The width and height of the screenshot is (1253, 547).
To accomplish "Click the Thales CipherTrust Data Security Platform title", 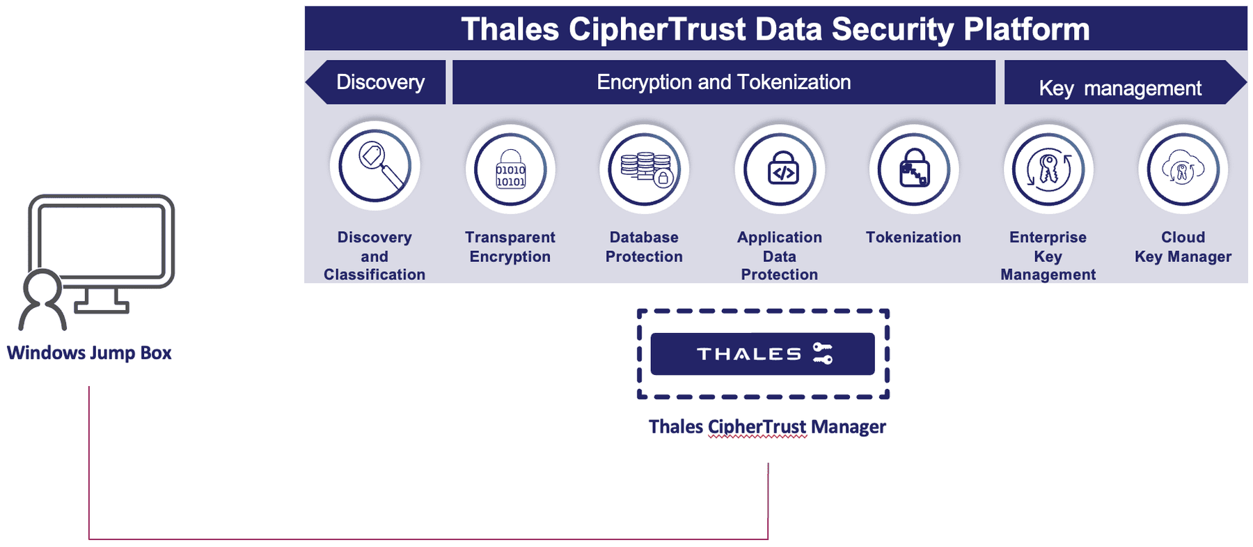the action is coord(775,29).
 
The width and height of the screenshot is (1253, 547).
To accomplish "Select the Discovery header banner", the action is coord(376,82).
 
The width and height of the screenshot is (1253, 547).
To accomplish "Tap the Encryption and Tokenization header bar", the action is coord(724,82).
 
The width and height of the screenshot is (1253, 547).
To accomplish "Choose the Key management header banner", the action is coord(1125,82).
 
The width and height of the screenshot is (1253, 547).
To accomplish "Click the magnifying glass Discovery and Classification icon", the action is coord(375,166).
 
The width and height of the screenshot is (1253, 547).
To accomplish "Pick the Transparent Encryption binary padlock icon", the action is coord(510,169).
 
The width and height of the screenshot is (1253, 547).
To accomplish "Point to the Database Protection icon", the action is coord(645,169).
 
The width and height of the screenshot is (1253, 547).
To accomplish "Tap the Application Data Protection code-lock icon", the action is coord(780,169).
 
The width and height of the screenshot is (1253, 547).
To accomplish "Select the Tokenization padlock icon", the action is coord(914,169).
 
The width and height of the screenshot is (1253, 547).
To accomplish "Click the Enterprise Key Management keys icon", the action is coord(1048,169).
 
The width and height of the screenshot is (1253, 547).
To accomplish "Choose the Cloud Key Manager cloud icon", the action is coord(1183,169).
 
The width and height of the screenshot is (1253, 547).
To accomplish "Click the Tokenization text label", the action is coord(913,238).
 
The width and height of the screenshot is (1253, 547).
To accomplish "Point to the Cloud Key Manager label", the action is coord(1183,247).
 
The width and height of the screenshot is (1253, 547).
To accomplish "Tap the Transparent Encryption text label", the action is coord(510,247).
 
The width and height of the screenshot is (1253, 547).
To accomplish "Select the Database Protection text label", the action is coord(644,247).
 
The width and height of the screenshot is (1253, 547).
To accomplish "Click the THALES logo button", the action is coord(762,354).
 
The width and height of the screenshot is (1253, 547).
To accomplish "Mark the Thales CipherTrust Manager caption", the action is coord(767,426).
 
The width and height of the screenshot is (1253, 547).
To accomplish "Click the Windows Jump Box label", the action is coord(89,353).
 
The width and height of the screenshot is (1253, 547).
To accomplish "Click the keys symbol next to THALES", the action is coord(823,353).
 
